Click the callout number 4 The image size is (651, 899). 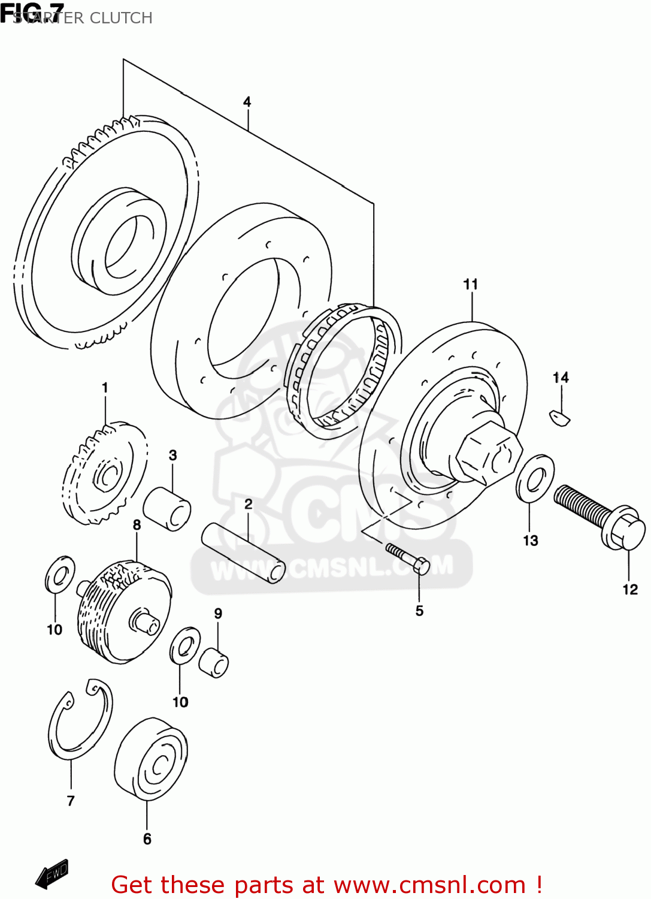pos(247,102)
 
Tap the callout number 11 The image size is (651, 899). pos(471,284)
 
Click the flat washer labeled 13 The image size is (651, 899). pos(534,478)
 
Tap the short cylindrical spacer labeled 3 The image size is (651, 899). pos(167,509)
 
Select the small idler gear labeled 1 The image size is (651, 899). pos(104,473)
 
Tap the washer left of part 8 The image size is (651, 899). pos(60,576)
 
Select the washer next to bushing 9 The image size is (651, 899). pos(185,645)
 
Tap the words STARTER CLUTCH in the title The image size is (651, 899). pos(83,18)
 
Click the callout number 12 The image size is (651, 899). pos(630,590)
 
